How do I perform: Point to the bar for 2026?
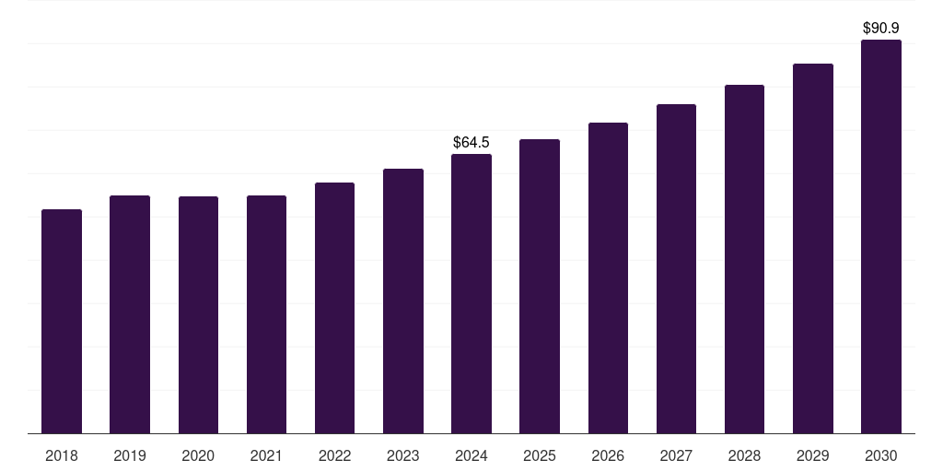pyautogui.click(x=608, y=277)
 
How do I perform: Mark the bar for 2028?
pyautogui.click(x=744, y=259)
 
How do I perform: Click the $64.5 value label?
pyautogui.click(x=471, y=142)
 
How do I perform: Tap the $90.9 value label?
pyautogui.click(x=881, y=28)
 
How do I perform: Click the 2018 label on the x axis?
pyautogui.click(x=62, y=455)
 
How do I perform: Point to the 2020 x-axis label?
pyautogui.click(x=198, y=455)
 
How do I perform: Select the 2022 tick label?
pyautogui.click(x=334, y=455)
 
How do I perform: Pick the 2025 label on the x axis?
pyautogui.click(x=540, y=455)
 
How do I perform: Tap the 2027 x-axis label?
pyautogui.click(x=676, y=455)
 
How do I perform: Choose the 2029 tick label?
pyautogui.click(x=812, y=455)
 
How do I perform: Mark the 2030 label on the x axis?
pyautogui.click(x=881, y=455)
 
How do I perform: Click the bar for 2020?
pyautogui.click(x=198, y=314)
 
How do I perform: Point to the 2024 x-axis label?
pyautogui.click(x=471, y=455)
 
